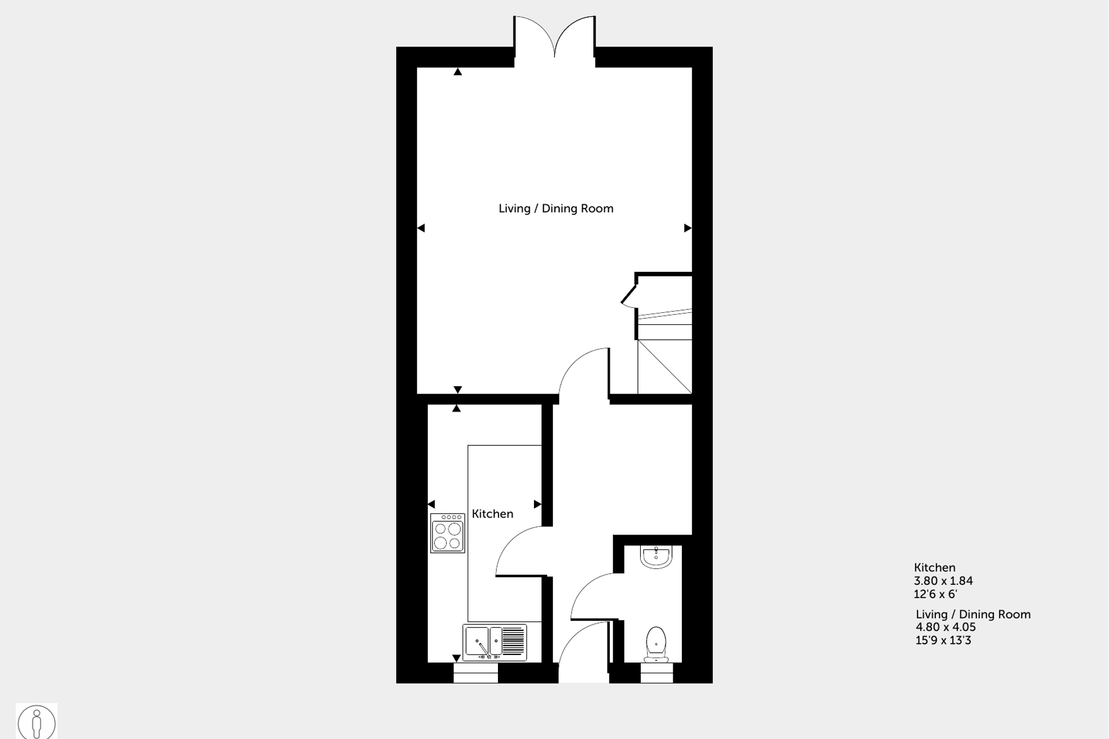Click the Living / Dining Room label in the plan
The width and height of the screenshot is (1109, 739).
click(556, 208)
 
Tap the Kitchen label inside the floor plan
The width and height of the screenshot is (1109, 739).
click(492, 514)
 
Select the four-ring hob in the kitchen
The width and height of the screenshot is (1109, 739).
click(447, 533)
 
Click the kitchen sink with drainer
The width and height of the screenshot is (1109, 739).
click(495, 642)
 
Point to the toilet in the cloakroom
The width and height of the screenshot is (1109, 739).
click(656, 644)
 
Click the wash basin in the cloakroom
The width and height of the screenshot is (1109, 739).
click(656, 557)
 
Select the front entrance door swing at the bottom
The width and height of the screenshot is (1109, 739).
click(580, 651)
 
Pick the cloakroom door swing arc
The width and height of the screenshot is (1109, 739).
click(591, 594)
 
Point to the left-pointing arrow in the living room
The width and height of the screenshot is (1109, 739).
click(421, 228)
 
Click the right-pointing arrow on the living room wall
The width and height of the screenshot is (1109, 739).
click(688, 228)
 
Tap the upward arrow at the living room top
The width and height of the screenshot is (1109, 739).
click(457, 71)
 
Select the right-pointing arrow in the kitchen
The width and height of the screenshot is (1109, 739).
click(537, 504)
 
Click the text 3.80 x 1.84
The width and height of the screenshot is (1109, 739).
click(943, 581)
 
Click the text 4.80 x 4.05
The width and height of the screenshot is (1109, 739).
click(945, 627)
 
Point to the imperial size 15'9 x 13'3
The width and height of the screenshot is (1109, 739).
click(943, 640)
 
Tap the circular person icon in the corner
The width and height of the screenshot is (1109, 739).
click(37, 722)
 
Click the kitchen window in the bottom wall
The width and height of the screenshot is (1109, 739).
click(475, 673)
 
